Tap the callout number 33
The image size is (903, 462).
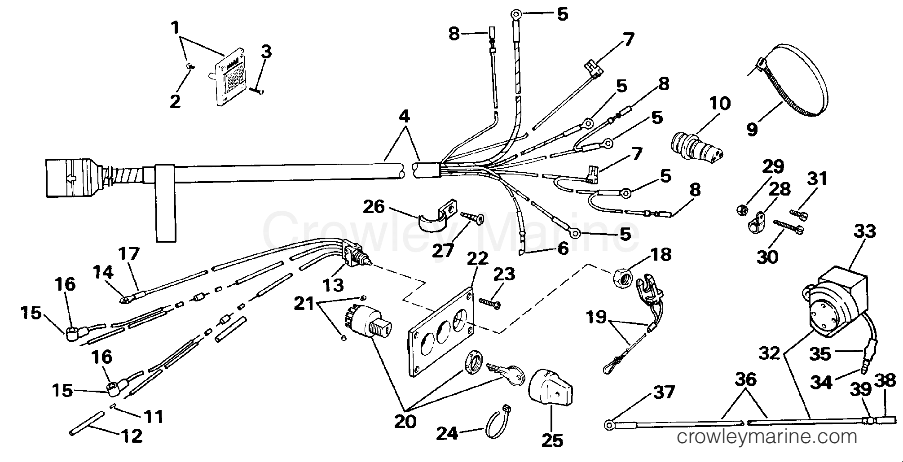pyautogui.click(x=864, y=231)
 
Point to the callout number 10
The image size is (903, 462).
pyautogui.click(x=720, y=104)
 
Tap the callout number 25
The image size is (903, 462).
pyautogui.click(x=552, y=440)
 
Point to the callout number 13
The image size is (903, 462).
pyautogui.click(x=333, y=285)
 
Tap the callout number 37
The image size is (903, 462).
pyautogui.click(x=663, y=392)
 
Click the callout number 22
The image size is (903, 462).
pyautogui.click(x=477, y=259)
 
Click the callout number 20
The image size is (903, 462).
pyautogui.click(x=405, y=421)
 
